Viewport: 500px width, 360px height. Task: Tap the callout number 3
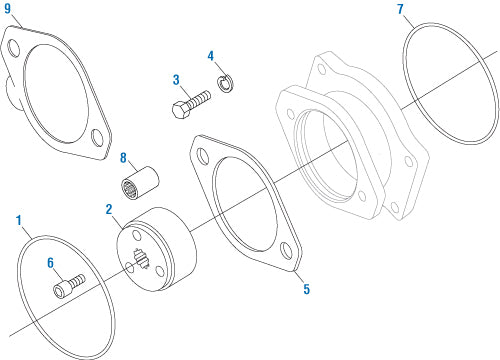click(x=175, y=79)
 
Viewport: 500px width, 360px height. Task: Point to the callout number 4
click(x=210, y=55)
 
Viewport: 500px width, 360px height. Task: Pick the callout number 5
click(x=307, y=290)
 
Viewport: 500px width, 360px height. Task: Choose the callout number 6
click(x=49, y=263)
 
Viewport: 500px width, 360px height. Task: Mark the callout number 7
click(x=400, y=10)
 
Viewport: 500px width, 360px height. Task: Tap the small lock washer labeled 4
click(x=227, y=83)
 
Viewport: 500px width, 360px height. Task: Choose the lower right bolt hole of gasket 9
click(x=97, y=138)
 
